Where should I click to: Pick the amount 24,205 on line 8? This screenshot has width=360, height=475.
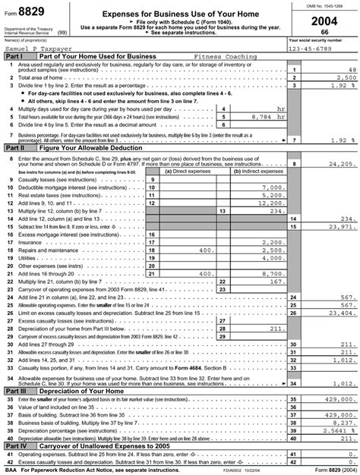click(337, 163)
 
